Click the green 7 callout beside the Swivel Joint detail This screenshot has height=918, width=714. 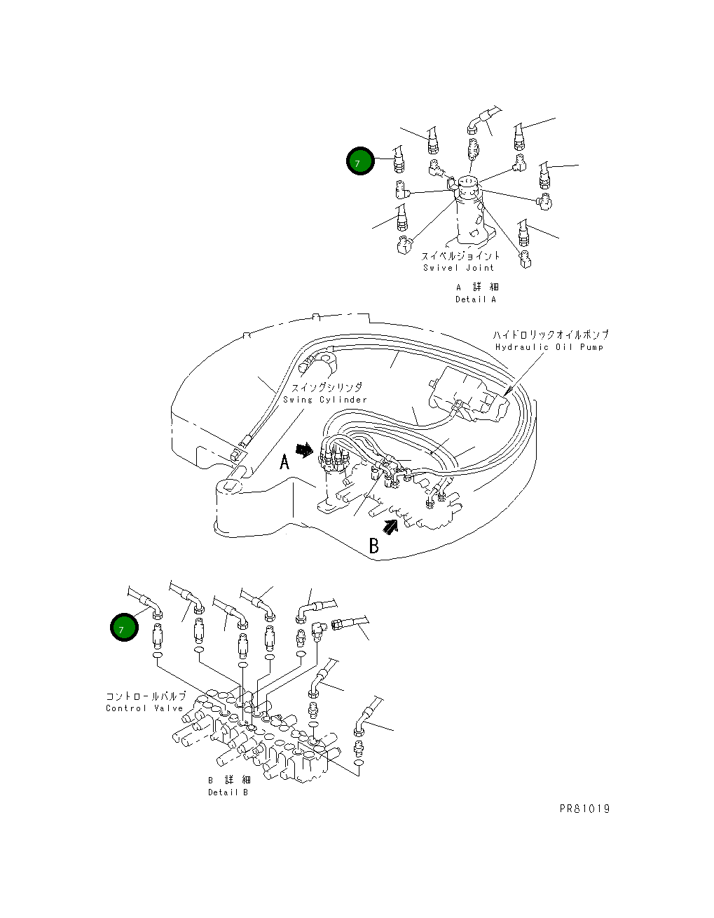tap(360, 161)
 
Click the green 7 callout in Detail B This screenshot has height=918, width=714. tap(124, 628)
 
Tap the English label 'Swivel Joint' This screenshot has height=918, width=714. tap(458, 268)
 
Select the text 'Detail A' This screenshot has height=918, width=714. tap(476, 299)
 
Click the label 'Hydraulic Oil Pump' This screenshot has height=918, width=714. tap(549, 347)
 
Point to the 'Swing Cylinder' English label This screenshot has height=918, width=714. tap(325, 400)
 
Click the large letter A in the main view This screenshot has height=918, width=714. tap(285, 461)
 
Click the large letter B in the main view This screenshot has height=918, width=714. tap(374, 546)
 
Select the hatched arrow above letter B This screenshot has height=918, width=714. tap(390, 526)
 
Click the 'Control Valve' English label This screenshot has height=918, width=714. tap(144, 708)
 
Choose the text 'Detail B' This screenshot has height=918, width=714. tap(228, 792)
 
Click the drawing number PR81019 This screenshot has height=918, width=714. tap(584, 809)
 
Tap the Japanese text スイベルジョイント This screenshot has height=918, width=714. tap(460, 255)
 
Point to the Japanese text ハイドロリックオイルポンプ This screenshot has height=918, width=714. tap(551, 335)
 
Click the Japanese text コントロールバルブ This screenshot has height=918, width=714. tap(146, 696)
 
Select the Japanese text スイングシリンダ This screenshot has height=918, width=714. tap(327, 387)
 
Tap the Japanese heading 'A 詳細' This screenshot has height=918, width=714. tap(477, 288)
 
